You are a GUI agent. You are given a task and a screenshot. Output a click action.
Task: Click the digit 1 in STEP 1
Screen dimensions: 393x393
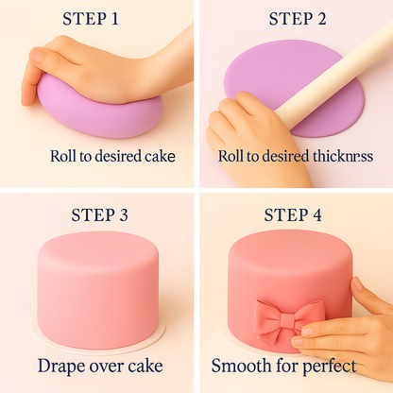pyautogui.click(x=114, y=19)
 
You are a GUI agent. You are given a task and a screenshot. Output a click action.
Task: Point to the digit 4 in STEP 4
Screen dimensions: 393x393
pyautogui.click(x=316, y=215)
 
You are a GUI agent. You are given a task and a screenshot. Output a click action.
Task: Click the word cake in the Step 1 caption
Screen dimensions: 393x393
pyautogui.click(x=160, y=156)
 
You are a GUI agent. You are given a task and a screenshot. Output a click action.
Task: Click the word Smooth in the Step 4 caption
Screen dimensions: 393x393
pyautogui.click(x=241, y=366)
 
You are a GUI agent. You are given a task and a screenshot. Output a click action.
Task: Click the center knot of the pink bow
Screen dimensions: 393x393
pyautogui.click(x=287, y=321)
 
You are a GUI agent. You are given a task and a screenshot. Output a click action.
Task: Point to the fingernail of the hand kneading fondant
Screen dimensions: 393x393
pyautogui.click(x=37, y=56)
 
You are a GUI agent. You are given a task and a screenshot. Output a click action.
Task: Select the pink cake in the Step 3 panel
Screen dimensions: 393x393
pyautogui.click(x=98, y=290)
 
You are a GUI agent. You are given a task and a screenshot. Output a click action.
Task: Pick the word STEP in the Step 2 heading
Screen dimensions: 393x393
pyautogui.click(x=289, y=19)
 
